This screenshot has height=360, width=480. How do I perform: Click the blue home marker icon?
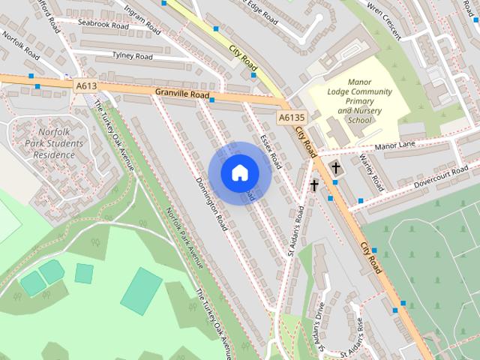tap(239, 173)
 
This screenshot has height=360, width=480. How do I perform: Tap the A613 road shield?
tap(86, 86)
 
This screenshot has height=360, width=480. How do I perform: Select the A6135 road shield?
tap(291, 118)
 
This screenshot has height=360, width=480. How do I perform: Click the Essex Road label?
tap(268, 151)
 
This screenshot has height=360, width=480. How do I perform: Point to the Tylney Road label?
tap(132, 56)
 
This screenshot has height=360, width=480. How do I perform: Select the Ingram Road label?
tap(143, 19)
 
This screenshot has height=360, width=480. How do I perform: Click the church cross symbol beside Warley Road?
tap(334, 166)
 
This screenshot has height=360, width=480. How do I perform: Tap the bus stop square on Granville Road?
tap(212, 100)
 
